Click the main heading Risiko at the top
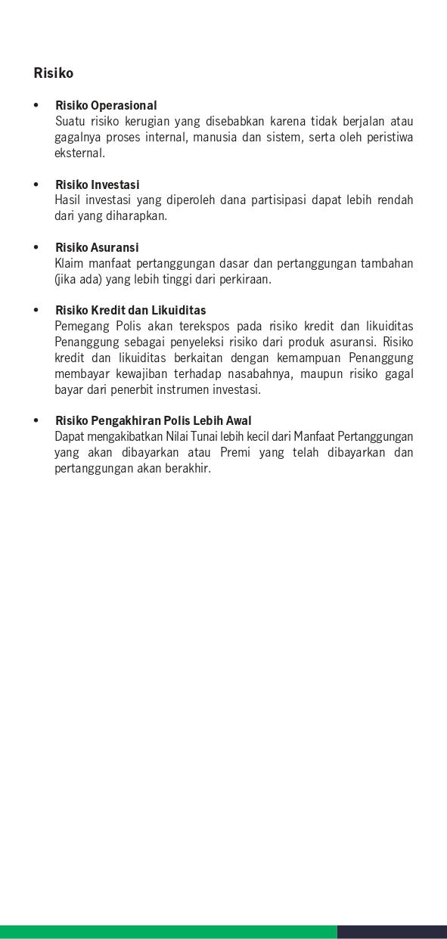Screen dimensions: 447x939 [x=54, y=73]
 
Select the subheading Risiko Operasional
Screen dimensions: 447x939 [x=106, y=105]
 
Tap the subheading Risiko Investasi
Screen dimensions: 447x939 [x=98, y=184]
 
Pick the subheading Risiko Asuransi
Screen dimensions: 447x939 [x=97, y=247]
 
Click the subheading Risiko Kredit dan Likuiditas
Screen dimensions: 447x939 [x=130, y=310]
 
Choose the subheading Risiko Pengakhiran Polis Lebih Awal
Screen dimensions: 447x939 [x=153, y=420]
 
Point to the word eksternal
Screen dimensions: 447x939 [x=79, y=153]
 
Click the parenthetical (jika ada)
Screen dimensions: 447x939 [x=75, y=279]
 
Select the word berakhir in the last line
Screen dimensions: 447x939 [x=188, y=468]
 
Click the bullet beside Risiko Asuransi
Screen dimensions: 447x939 [x=36, y=247]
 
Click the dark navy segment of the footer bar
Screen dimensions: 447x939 [x=392, y=931]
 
